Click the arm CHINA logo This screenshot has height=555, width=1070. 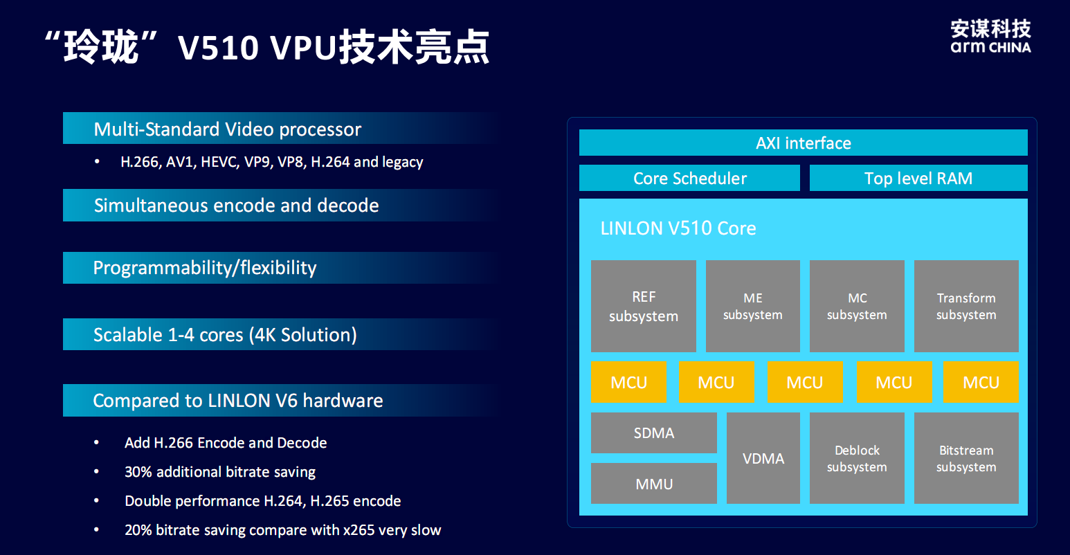990,36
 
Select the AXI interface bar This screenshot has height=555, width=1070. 803,143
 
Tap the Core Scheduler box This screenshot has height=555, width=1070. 689,178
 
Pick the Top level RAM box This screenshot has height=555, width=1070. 918,178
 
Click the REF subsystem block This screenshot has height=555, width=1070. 644,306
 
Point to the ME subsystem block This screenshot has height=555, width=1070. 753,306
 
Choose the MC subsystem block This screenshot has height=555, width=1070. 857,306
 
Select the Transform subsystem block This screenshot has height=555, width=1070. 966,306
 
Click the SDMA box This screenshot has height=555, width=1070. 654,433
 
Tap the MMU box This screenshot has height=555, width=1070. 654,483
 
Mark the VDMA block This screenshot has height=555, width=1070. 763,458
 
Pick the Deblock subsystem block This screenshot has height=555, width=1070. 857,458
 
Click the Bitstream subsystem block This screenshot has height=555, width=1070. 966,458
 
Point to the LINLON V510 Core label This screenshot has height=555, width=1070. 678,228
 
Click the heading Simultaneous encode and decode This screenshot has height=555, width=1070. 237,206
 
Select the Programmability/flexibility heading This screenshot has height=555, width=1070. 205,268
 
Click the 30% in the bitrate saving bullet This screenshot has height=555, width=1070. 138,472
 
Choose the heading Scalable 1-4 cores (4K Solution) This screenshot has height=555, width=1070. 225,335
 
